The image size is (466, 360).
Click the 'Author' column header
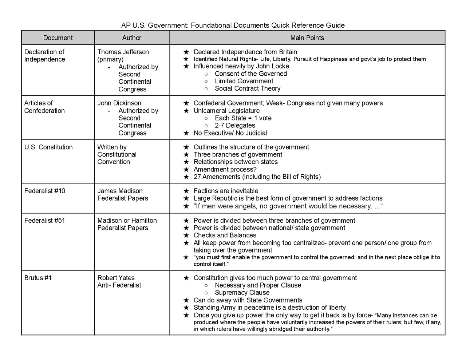click(131, 38)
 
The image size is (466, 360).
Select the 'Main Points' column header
click(307, 38)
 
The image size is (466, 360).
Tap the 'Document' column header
click(58, 38)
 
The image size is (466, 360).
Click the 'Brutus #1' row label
click(38, 278)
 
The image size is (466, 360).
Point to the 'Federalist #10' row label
click(44, 191)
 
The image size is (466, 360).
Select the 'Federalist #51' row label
click(44, 220)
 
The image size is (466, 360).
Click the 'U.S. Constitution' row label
click(48, 147)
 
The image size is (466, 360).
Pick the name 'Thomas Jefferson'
click(123, 52)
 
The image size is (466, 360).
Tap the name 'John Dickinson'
click(119, 103)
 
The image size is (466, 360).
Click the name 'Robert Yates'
click(116, 278)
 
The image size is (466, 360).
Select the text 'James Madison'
click(120, 191)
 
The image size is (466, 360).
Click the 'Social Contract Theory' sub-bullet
click(248, 88)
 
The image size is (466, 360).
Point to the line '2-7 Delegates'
click(235, 126)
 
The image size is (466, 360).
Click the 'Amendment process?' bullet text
click(225, 169)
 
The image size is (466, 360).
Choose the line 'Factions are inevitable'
click(226, 191)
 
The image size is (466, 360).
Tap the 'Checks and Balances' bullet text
click(225, 235)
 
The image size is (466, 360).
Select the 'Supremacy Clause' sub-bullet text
click(242, 293)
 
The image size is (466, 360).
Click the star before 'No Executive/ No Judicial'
click(186, 133)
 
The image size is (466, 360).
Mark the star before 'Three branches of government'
click(186, 155)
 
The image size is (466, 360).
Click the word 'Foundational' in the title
click(211, 25)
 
